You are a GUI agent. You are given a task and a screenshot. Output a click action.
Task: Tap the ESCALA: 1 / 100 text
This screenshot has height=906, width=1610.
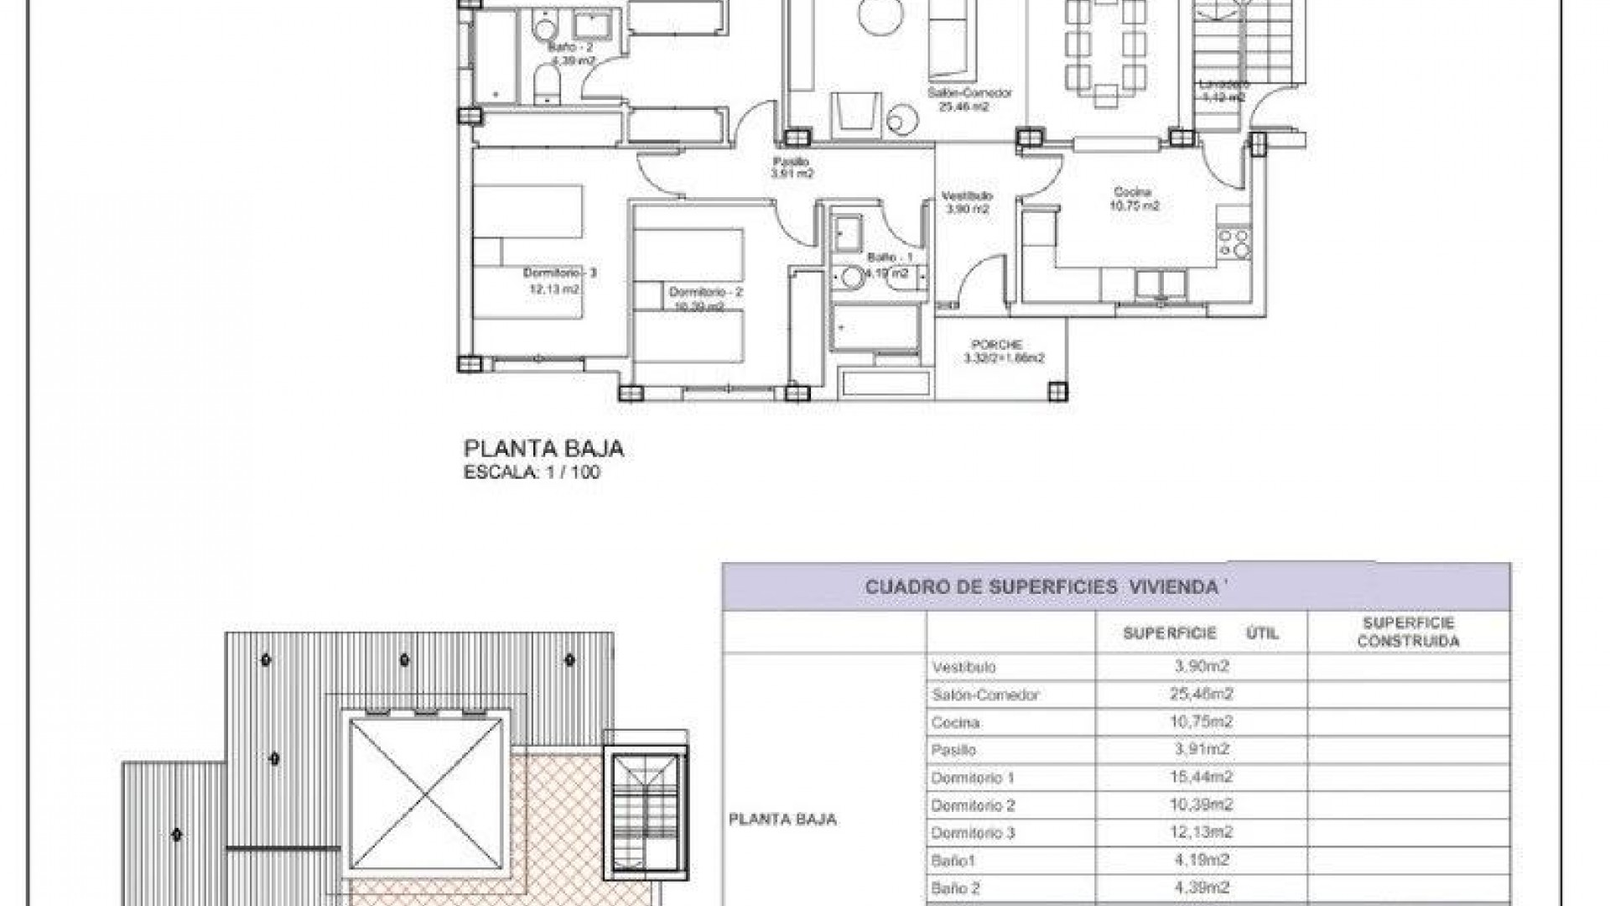tap(532, 472)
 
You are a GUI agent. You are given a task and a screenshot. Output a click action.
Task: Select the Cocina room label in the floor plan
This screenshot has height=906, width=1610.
tap(1133, 193)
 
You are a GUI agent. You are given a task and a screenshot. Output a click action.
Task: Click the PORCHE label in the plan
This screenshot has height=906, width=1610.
tap(996, 345)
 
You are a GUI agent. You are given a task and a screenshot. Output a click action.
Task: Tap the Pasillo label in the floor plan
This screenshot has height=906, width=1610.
tap(791, 162)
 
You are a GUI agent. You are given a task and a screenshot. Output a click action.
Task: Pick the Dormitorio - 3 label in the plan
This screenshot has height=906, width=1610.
tap(559, 273)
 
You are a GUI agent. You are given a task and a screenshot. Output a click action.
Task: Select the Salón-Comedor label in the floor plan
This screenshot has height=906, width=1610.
tap(969, 93)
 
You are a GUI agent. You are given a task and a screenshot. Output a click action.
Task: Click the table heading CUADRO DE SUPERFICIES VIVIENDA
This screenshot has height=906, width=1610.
tap(1041, 587)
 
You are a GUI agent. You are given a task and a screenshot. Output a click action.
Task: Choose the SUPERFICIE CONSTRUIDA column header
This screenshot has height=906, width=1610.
tap(1408, 633)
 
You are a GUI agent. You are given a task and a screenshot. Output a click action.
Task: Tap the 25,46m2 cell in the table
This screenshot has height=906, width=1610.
tap(1201, 695)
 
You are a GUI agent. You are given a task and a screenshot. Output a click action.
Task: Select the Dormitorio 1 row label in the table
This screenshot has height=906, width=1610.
tap(972, 778)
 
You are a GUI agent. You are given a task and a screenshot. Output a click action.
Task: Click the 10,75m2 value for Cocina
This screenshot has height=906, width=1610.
tap(1201, 722)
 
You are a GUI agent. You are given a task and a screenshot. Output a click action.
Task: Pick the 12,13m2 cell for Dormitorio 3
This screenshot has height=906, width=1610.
tap(1201, 833)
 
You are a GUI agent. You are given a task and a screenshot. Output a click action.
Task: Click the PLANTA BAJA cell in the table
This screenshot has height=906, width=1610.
tap(782, 820)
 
